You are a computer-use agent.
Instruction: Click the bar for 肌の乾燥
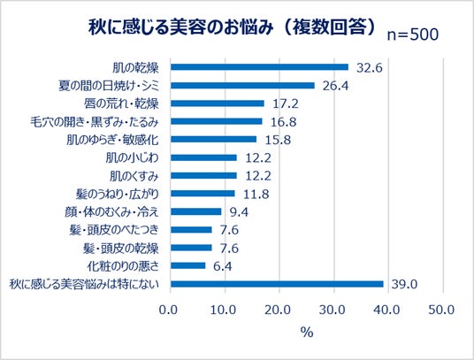[259, 67]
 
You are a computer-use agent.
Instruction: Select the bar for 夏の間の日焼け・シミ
[242, 86]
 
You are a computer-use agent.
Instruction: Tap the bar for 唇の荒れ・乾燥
[218, 103]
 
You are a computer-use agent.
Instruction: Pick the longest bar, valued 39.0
[277, 284]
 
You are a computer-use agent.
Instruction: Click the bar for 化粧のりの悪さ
[188, 265]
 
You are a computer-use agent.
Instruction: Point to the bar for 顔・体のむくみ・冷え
[196, 211]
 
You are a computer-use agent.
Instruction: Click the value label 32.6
[370, 68]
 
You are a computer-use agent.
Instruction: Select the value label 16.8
[283, 122]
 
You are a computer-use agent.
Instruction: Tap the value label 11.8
[256, 194]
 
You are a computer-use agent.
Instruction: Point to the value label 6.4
[223, 266]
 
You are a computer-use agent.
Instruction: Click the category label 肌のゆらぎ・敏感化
[112, 140]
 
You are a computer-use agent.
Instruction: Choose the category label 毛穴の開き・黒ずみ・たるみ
[95, 122]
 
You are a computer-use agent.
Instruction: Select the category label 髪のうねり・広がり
[118, 194]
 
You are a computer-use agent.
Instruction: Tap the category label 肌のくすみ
[134, 176]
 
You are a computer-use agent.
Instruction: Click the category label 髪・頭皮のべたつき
[114, 230]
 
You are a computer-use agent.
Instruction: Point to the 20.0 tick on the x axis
[278, 310]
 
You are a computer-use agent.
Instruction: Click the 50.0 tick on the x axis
[441, 310]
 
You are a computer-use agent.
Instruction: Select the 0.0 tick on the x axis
[168, 310]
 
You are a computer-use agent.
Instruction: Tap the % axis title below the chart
[307, 333]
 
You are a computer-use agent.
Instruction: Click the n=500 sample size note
[413, 34]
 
